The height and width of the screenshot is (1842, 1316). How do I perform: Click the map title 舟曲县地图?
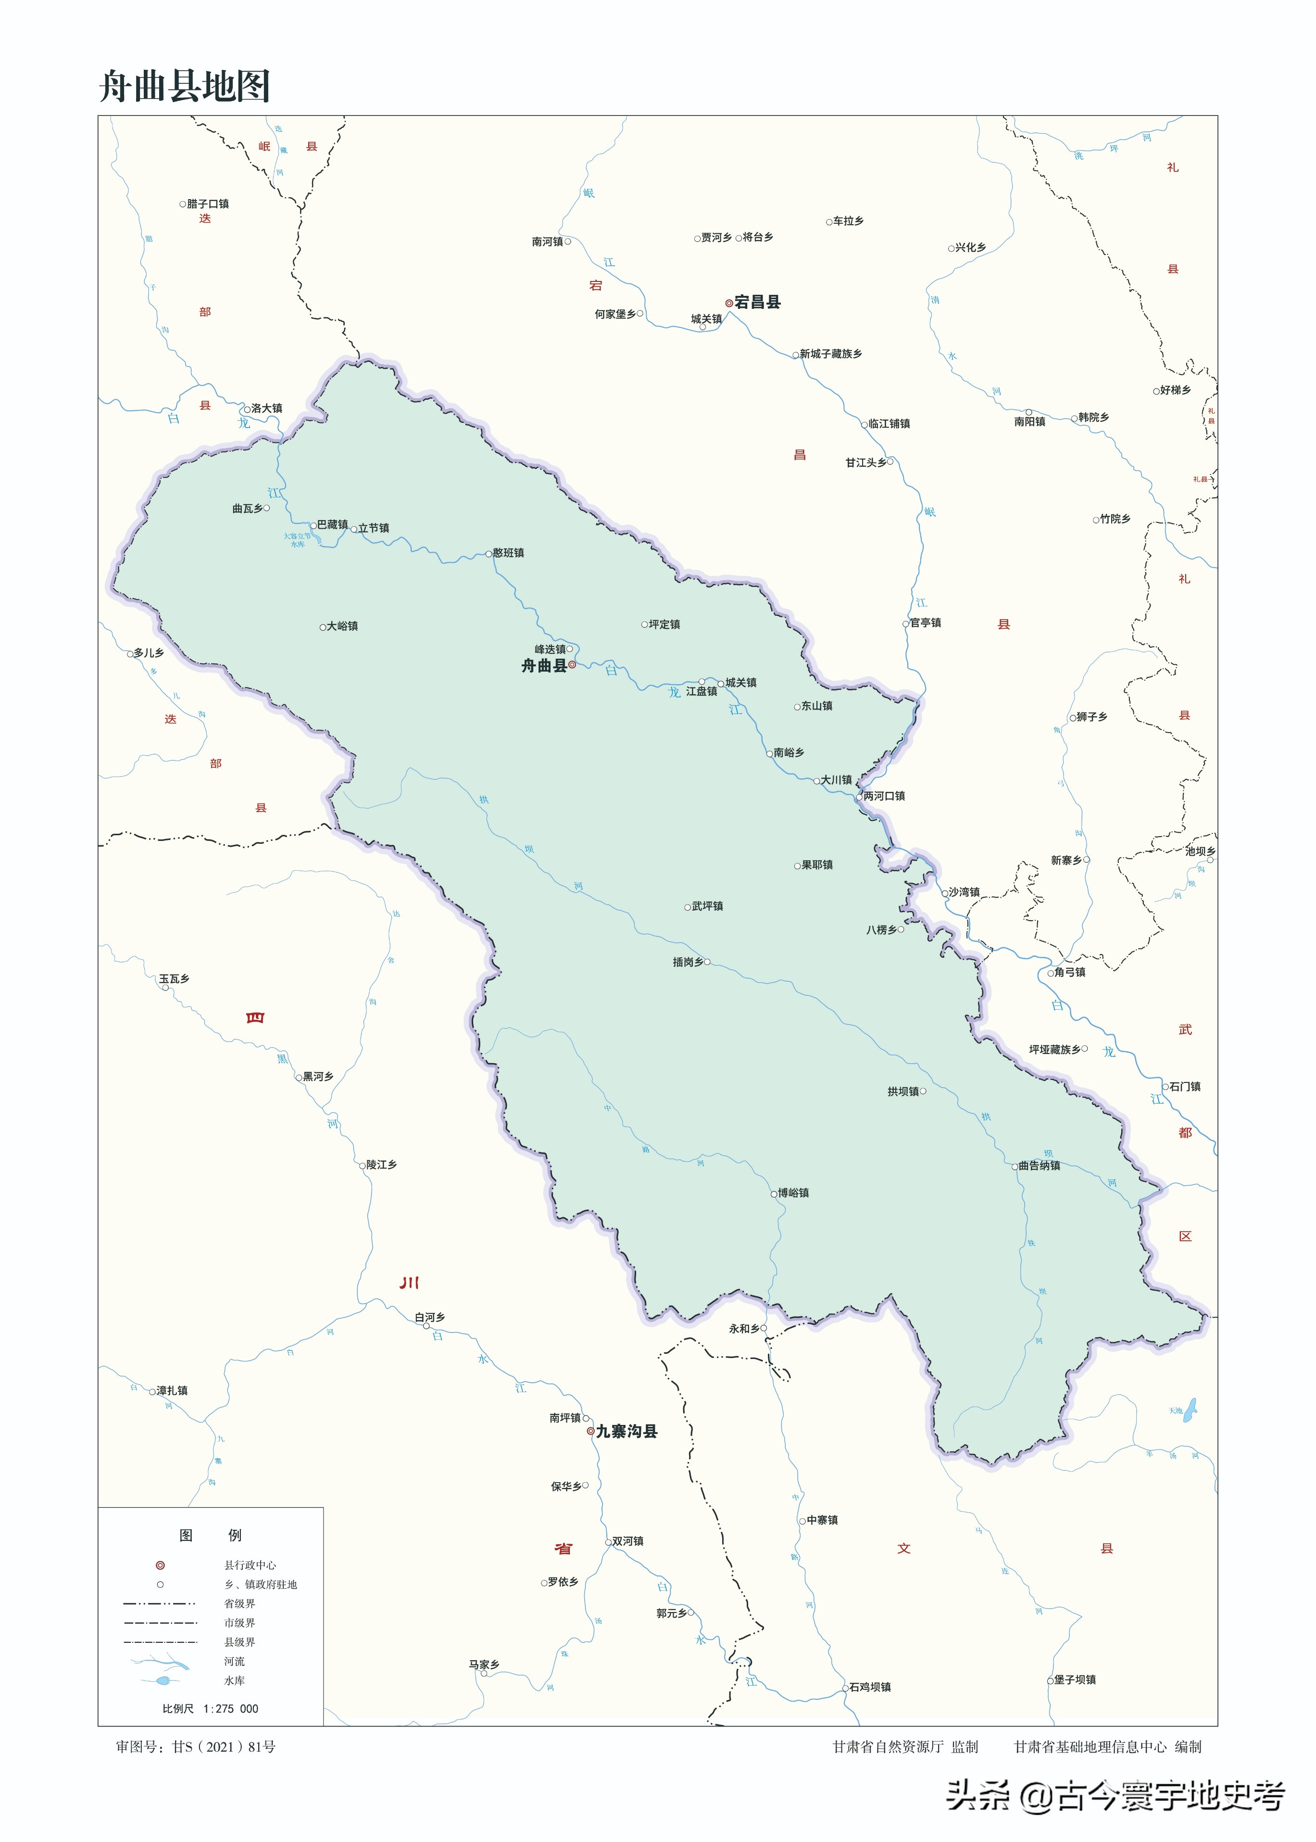(x=185, y=86)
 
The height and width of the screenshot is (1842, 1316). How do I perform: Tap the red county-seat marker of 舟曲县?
(x=572, y=665)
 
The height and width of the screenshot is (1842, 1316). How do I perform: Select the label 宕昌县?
(x=757, y=303)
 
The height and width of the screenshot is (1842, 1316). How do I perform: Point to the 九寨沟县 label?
(x=627, y=1432)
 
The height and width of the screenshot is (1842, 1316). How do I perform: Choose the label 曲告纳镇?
(x=1039, y=1165)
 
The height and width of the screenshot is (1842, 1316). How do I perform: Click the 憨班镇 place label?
(x=508, y=553)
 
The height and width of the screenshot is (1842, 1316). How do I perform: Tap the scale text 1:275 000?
(x=230, y=1708)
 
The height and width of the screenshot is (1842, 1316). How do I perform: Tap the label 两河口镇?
(x=883, y=796)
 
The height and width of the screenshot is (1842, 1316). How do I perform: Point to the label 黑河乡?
(x=318, y=1077)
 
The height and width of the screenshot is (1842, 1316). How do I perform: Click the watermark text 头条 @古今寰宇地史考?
(x=1115, y=1796)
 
